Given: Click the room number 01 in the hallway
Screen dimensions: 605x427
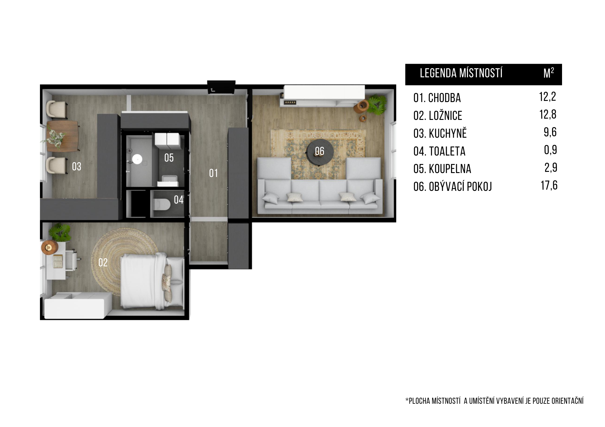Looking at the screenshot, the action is [x=213, y=173].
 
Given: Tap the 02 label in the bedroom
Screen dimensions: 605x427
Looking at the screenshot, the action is [x=103, y=262].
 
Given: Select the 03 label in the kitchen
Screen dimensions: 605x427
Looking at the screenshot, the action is [x=77, y=166].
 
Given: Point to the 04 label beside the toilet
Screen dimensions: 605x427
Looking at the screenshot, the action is [x=178, y=200].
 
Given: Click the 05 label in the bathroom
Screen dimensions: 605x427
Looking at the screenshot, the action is [x=169, y=158].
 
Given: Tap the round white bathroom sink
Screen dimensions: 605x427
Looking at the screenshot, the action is [x=137, y=159].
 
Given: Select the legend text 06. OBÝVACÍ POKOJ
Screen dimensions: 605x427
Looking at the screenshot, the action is [x=453, y=187].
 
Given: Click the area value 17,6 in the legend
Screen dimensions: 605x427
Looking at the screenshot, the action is [x=549, y=185].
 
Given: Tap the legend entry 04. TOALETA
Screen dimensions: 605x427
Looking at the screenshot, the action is [x=439, y=151].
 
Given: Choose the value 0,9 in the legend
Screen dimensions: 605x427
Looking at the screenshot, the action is [x=550, y=150].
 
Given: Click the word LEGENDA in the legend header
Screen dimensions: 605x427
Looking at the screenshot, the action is [x=438, y=73].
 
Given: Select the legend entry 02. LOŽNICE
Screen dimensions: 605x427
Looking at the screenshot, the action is [x=438, y=116].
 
